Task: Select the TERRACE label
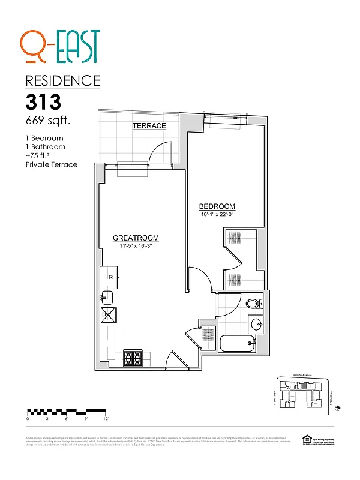pyautogui.click(x=149, y=125)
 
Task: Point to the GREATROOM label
pyautogui.click(x=136, y=238)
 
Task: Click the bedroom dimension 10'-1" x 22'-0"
pyautogui.click(x=217, y=214)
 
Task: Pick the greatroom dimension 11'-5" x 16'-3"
pyautogui.click(x=136, y=246)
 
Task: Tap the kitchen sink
pyautogui.click(x=107, y=296)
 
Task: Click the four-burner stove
pyautogui.click(x=132, y=358)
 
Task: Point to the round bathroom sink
pyautogui.click(x=257, y=325)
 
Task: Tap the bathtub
pyautogui.click(x=236, y=345)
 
